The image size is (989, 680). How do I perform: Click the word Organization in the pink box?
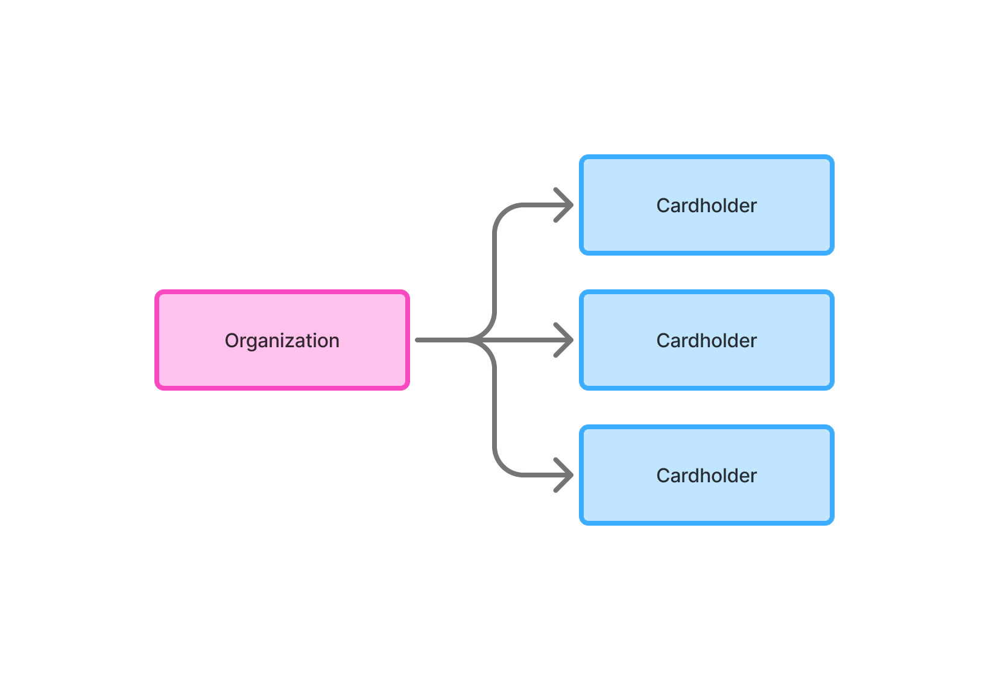282,341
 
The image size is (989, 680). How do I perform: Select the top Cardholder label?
706,206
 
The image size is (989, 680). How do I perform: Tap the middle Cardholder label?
706,341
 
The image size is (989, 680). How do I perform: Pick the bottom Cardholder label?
706,476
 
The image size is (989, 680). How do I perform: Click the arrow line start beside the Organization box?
419,340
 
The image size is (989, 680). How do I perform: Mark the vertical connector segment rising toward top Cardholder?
494,271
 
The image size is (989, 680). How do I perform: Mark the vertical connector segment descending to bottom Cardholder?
494,410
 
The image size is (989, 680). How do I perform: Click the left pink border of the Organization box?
157,340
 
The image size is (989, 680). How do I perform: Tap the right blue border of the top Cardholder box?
832,205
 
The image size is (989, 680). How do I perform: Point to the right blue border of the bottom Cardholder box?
832,475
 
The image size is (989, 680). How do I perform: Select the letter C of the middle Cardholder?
663,341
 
